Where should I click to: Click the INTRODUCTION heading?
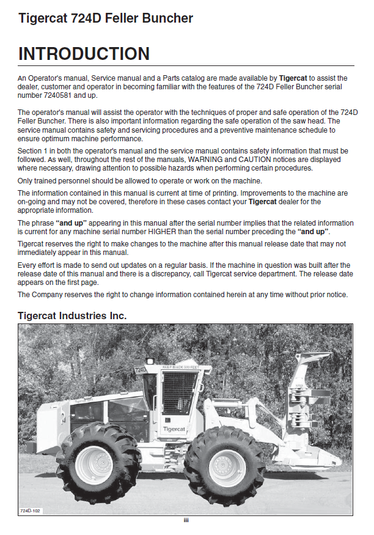point(84,54)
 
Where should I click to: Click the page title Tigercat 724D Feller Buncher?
point(106,18)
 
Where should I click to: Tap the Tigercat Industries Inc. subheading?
point(72,315)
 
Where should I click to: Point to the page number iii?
point(186,520)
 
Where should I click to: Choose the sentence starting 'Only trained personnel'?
point(140,180)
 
